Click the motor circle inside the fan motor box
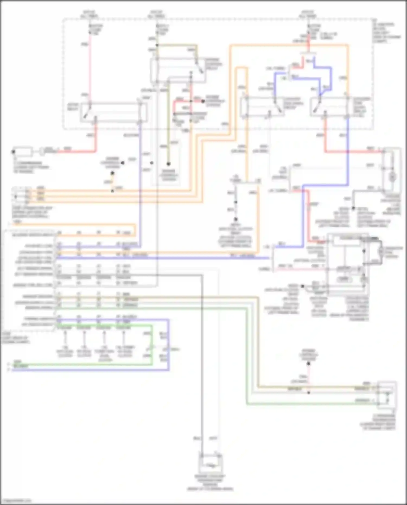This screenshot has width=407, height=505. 392,177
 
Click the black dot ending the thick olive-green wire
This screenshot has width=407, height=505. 168,164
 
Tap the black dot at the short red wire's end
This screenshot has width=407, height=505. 203,101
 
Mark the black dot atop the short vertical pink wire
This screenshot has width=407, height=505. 309,363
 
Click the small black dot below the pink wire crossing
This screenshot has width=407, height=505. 309,392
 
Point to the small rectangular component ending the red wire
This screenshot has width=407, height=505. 23,152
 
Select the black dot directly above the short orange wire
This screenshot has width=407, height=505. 112,173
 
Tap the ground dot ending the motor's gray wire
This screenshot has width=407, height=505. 353,208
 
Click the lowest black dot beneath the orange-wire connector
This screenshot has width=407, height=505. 236,219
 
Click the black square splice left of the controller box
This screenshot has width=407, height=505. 302,286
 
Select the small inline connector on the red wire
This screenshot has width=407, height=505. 42,151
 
